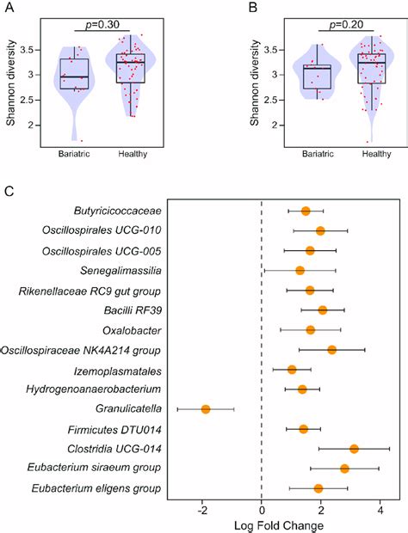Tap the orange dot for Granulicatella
coord(206,408)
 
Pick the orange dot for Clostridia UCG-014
coord(354,448)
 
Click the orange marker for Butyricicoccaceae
coord(306,211)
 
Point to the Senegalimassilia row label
coord(124,270)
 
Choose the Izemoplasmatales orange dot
coord(292,369)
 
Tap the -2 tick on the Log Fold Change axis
coord(202,509)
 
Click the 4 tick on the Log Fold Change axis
coord(380,509)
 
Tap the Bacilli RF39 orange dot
coord(322,309)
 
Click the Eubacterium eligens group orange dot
coord(318,487)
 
